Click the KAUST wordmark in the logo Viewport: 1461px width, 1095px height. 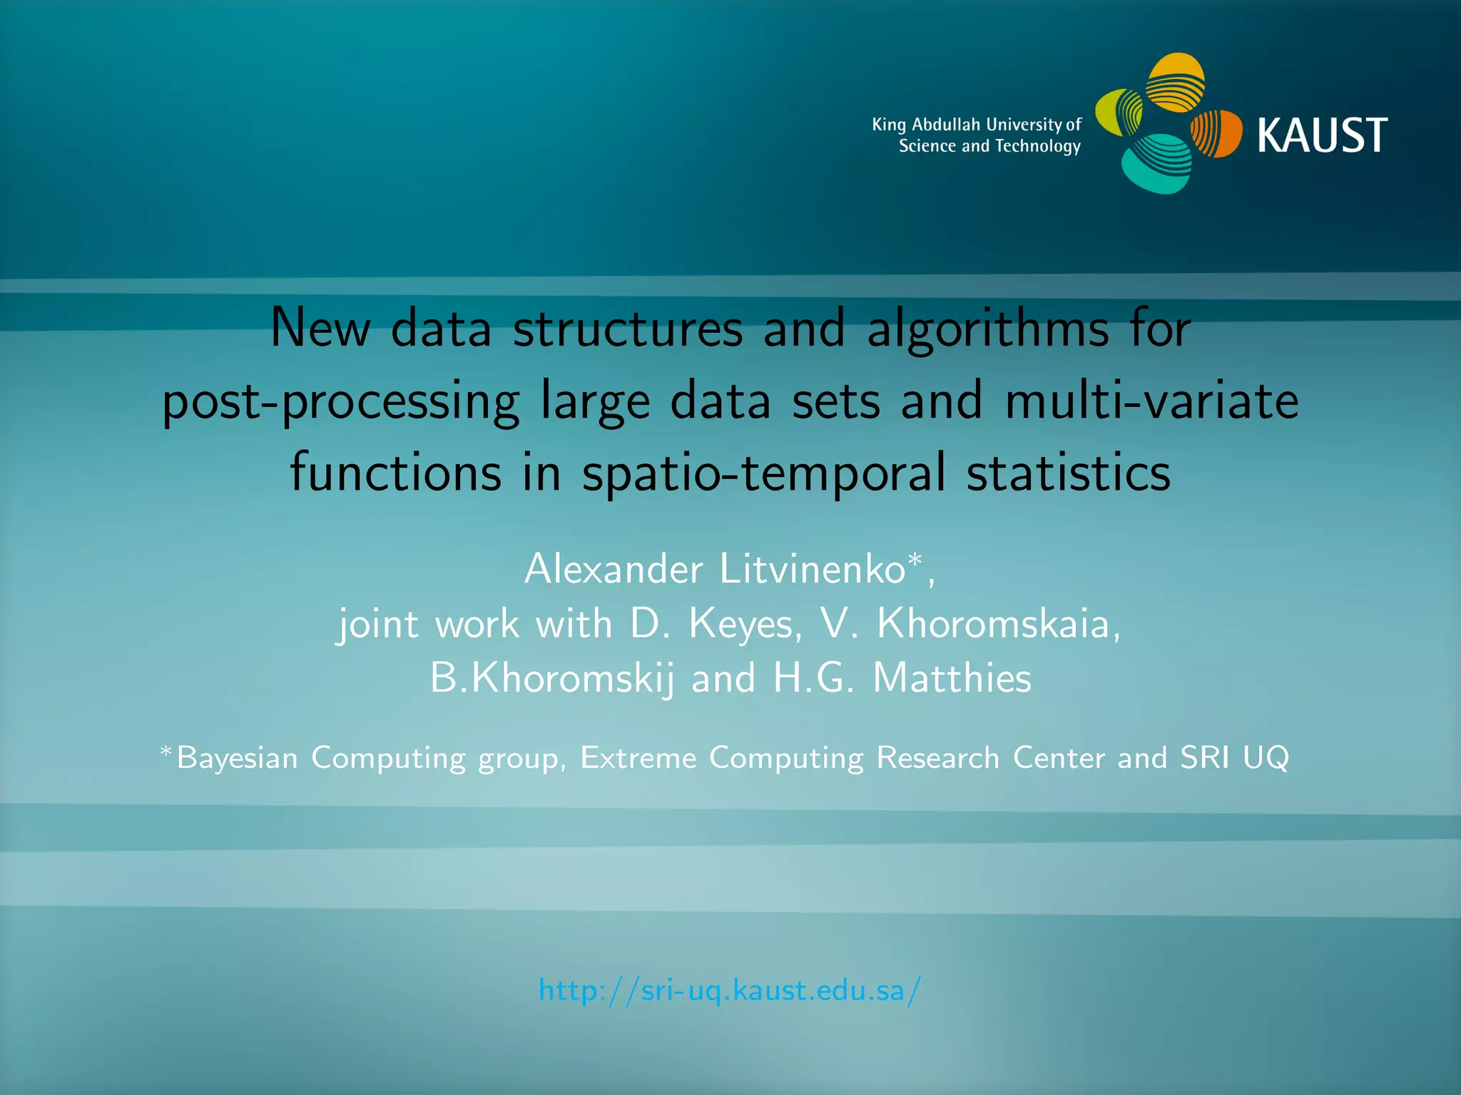(1322, 135)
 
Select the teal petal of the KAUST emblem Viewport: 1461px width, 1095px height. (1156, 165)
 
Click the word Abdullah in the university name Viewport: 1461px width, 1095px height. (946, 125)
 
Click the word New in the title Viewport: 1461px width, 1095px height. (320, 329)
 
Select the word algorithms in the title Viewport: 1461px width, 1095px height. (988, 329)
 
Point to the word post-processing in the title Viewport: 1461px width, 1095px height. (341, 402)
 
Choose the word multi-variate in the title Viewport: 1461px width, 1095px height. (1151, 401)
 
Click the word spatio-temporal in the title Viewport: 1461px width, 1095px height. (764, 473)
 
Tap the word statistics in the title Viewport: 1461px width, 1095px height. (1068, 473)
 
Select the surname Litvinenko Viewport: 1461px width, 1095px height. (812, 570)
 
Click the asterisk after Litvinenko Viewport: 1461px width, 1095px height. (915, 559)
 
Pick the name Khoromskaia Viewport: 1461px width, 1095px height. (992, 624)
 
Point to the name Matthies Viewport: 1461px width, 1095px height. (952, 678)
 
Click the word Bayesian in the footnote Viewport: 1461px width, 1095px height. (237, 758)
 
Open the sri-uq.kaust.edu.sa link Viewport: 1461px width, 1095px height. (730, 991)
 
